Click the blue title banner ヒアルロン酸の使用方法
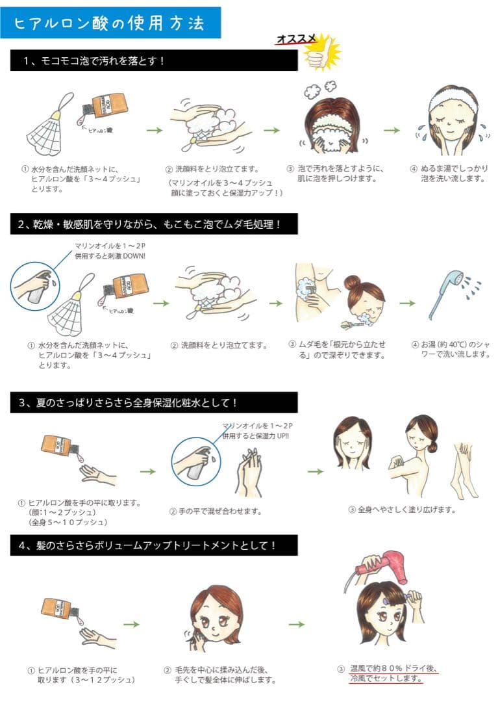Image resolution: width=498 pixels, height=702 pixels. pos(110,22)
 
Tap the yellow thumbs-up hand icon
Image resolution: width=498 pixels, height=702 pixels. pos(321,53)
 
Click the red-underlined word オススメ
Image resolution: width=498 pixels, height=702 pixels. pos(296,39)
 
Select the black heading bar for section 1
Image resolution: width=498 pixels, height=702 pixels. pos(154,60)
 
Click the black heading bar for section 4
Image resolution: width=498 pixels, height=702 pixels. pos(154,545)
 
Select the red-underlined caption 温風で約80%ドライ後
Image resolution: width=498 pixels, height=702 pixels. pos(393,668)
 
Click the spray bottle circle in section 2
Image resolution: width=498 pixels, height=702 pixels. pos(35,287)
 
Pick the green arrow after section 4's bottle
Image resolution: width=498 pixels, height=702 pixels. pos(131,625)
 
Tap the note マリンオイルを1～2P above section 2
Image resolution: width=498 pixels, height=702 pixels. pos(110,246)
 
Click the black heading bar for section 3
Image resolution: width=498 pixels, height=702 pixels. pos(154,402)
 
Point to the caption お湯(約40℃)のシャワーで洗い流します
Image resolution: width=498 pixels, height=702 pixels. pos(451,349)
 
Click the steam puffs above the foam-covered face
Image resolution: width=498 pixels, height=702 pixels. pos(320,88)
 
